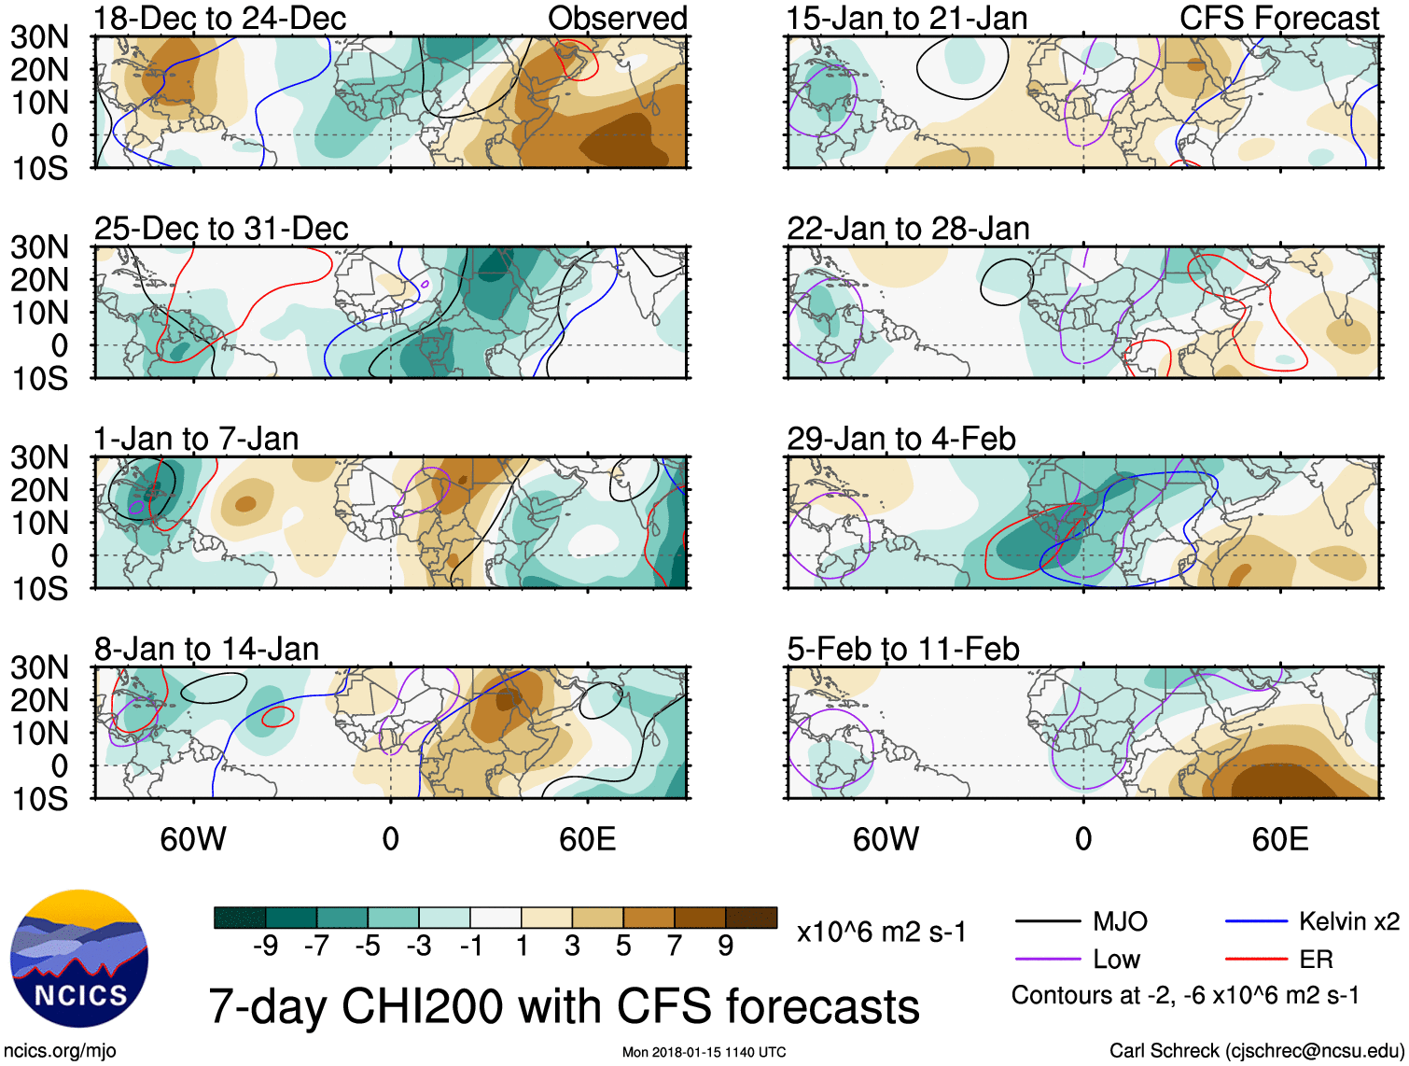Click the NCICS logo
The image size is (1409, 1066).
point(78,959)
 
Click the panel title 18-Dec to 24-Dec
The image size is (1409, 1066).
point(219,18)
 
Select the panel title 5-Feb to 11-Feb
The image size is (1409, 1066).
point(902,649)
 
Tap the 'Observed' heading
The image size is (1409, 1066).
point(617,18)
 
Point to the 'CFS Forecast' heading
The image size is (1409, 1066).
point(1278,18)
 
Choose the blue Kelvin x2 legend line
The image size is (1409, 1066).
point(1256,922)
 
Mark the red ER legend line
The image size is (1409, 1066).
point(1256,960)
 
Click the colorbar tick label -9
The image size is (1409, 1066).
point(266,947)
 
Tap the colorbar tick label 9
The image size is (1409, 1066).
point(726,947)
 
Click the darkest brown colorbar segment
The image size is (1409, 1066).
point(751,918)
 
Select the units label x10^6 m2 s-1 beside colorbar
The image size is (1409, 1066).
point(881,932)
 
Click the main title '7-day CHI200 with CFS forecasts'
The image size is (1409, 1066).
point(564,1006)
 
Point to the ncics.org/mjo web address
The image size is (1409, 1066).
point(60,1051)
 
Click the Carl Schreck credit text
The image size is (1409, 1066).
point(1256,1051)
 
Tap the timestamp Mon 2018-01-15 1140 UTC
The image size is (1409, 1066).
point(704,1052)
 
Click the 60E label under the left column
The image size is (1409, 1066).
point(587,839)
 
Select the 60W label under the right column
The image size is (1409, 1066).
point(886,839)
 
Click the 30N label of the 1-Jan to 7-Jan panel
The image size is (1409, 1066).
point(39,457)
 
